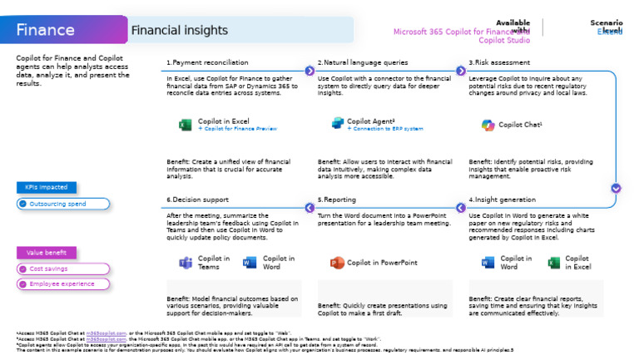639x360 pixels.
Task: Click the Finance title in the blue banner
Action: click(46, 31)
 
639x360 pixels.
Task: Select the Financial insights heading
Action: click(179, 31)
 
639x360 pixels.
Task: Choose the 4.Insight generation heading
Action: click(504, 200)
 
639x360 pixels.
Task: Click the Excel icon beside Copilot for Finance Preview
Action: click(185, 125)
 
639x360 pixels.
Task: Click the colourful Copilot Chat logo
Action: click(488, 125)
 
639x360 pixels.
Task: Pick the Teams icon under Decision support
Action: click(185, 263)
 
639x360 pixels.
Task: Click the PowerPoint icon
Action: click(337, 263)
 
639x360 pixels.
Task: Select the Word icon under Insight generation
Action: click(488, 263)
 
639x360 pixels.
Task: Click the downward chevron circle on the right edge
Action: click(616, 188)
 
